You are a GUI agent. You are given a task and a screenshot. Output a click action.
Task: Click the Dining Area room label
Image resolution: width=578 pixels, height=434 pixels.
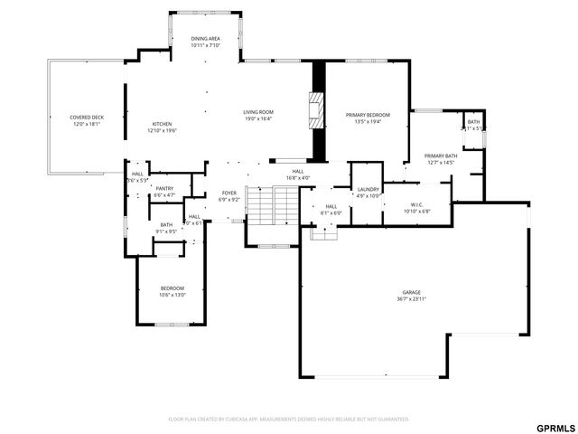point(206,39)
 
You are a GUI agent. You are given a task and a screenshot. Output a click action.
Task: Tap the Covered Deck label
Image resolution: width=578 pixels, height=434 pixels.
point(88,118)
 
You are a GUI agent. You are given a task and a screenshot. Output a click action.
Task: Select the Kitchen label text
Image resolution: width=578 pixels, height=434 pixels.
point(162,124)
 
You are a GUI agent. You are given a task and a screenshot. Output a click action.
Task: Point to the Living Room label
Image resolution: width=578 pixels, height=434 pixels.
point(257,112)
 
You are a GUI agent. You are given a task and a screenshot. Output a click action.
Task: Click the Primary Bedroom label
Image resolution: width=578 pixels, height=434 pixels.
point(368,115)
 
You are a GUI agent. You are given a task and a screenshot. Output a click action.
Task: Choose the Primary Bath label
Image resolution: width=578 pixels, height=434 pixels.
point(441,156)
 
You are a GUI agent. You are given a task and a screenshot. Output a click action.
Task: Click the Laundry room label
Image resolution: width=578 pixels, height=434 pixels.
point(368,189)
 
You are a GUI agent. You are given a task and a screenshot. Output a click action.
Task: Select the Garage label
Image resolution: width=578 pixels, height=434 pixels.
point(412,292)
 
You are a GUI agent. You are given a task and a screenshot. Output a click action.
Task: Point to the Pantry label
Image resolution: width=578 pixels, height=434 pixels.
point(164,188)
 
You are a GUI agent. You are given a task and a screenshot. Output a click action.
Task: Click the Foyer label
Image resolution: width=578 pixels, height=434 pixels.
point(229,193)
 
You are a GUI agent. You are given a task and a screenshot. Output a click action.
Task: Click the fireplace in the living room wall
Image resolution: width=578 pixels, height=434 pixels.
point(315,109)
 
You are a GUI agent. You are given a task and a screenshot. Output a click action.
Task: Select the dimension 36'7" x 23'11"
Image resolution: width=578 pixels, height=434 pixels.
point(412,298)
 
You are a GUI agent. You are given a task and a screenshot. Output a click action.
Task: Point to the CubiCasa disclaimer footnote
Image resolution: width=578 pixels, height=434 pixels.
point(289,419)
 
